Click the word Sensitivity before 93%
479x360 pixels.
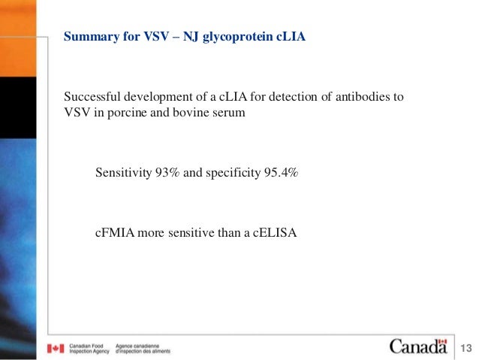click(123, 172)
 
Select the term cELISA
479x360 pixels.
click(275, 233)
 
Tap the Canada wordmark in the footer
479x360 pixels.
click(417, 346)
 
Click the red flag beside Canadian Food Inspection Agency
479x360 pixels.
click(56, 349)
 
